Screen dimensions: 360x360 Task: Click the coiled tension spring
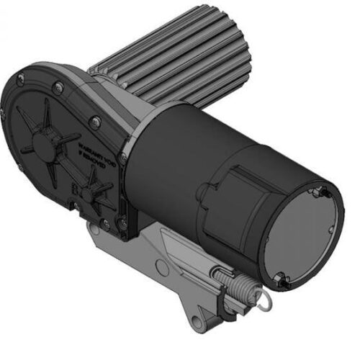[233, 285]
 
